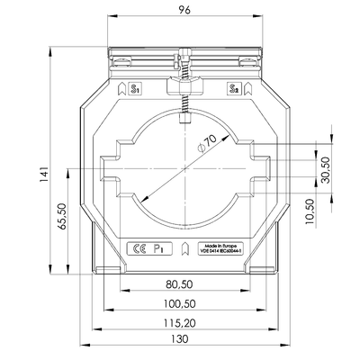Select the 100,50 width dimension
tap(179, 305)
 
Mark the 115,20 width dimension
tap(179, 321)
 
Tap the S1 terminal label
tap(136, 90)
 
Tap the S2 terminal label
tap(233, 90)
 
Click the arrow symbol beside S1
tap(121, 89)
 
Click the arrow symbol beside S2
tap(247, 89)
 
